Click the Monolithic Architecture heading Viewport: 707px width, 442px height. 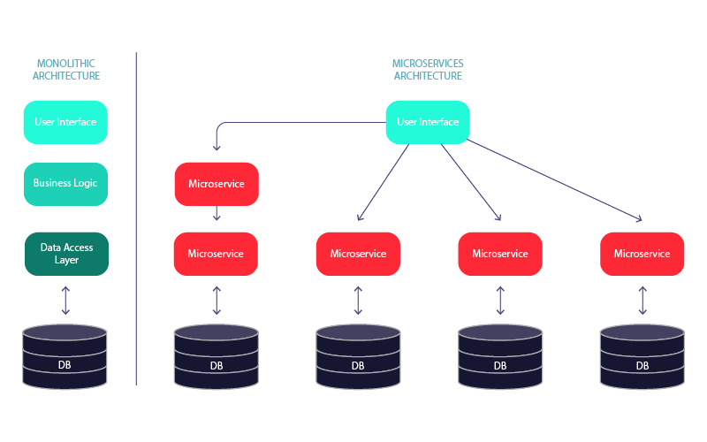tap(65, 70)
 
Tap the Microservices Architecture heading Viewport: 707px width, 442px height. tap(428, 70)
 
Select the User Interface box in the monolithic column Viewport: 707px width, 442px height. tap(65, 122)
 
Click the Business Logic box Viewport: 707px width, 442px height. tap(65, 184)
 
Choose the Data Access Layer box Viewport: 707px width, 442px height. tap(65, 254)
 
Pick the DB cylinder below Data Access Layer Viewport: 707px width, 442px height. tap(65, 355)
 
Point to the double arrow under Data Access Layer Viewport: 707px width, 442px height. tap(65, 300)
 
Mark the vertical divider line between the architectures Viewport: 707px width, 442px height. tap(136, 221)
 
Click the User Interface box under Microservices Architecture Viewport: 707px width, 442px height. tap(428, 122)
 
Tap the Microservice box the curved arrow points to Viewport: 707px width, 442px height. tap(217, 184)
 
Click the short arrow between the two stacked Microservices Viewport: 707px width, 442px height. tap(217, 213)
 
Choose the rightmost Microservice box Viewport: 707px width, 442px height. tap(642, 254)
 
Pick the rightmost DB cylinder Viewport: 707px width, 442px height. tap(642, 355)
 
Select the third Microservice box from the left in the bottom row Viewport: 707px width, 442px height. tap(500, 254)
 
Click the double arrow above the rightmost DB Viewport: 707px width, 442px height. tap(642, 300)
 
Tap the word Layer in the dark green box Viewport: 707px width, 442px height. tap(66, 261)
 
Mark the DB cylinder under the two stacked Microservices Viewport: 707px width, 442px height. tap(217, 355)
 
